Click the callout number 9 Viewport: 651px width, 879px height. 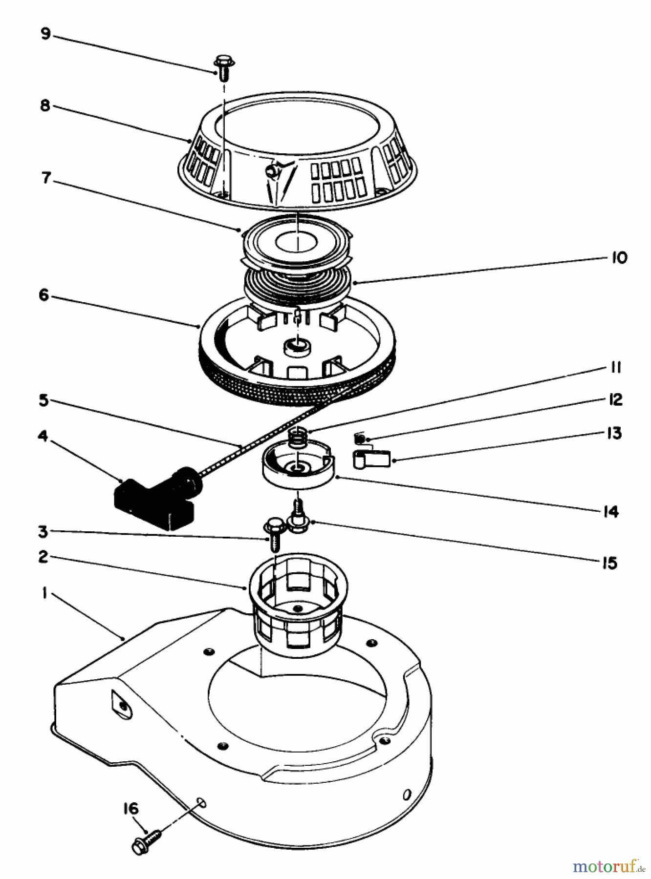(45, 34)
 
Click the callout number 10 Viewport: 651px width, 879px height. (619, 258)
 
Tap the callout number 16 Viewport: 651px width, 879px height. (130, 809)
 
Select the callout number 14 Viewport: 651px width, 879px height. (611, 512)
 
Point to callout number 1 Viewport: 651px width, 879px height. (44, 594)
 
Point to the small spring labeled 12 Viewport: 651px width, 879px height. (360, 439)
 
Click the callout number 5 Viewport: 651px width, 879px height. (44, 401)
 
